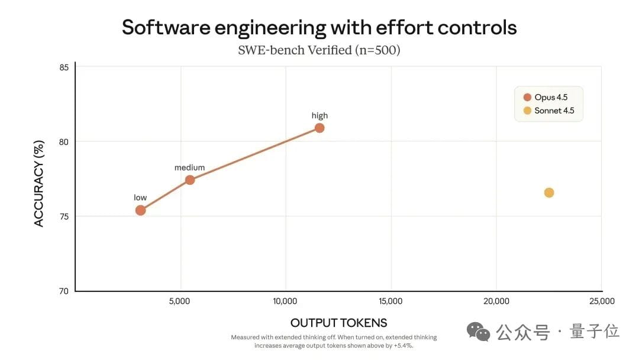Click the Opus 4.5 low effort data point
click(x=140, y=210)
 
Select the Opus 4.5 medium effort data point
click(x=190, y=180)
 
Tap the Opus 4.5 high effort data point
click(x=319, y=128)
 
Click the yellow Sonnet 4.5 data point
click(x=549, y=192)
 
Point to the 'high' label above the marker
click(x=319, y=115)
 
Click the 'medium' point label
click(x=189, y=168)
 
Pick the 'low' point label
click(x=140, y=198)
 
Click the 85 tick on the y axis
click(x=63, y=67)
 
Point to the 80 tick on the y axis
click(x=63, y=142)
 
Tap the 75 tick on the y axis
click(x=63, y=217)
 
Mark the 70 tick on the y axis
click(x=63, y=291)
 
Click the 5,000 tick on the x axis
click(x=180, y=301)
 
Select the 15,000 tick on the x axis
click(x=390, y=301)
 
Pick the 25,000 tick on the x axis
click(x=602, y=301)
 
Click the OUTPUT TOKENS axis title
click(x=338, y=323)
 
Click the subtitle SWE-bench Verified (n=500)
click(x=319, y=50)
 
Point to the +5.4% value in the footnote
click(x=402, y=345)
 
